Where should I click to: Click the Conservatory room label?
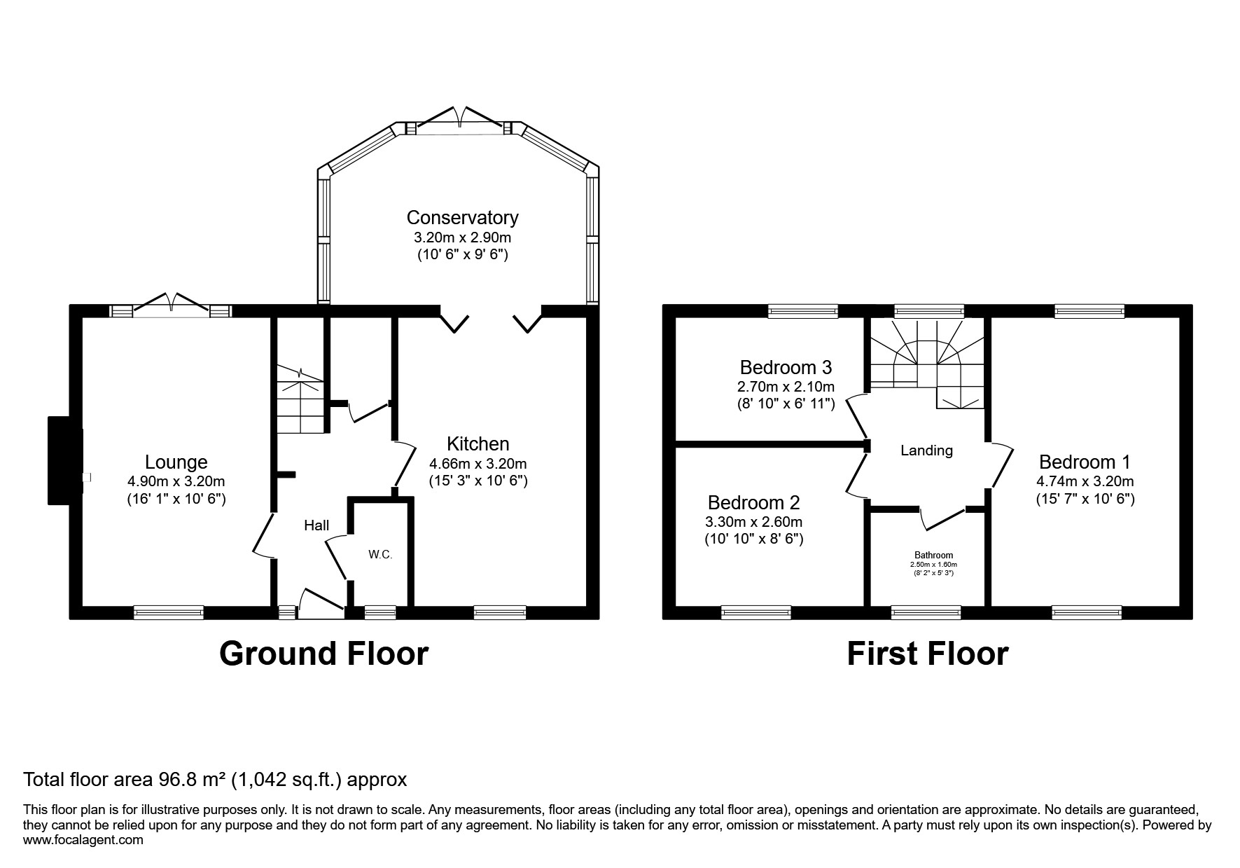tap(462, 217)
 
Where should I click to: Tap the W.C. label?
tap(380, 555)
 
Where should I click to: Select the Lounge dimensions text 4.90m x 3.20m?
tap(176, 481)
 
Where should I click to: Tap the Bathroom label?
tap(933, 555)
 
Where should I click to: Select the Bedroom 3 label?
tap(786, 367)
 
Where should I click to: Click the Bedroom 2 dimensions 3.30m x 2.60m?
tap(754, 522)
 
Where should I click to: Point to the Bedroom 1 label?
tap(1085, 462)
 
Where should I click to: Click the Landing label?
tap(926, 450)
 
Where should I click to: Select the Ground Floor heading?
tap(323, 654)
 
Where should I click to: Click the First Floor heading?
tap(927, 654)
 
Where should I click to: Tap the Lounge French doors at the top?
tap(172, 305)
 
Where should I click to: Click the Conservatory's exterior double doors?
tap(460, 120)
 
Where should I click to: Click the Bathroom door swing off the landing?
tap(942, 518)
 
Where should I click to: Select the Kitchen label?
tap(478, 443)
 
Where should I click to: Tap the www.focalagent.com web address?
tap(83, 839)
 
